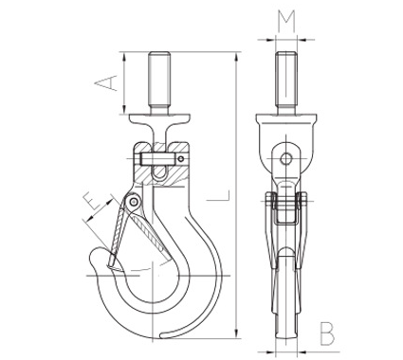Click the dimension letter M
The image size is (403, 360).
[x=286, y=22]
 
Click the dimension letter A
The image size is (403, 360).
[x=106, y=83]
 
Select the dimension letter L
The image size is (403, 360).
[x=218, y=195]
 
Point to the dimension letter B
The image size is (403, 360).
[x=326, y=333]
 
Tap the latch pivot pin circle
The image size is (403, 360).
[x=134, y=201]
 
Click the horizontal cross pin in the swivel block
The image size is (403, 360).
[x=157, y=159]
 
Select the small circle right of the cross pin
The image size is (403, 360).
[x=181, y=158]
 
